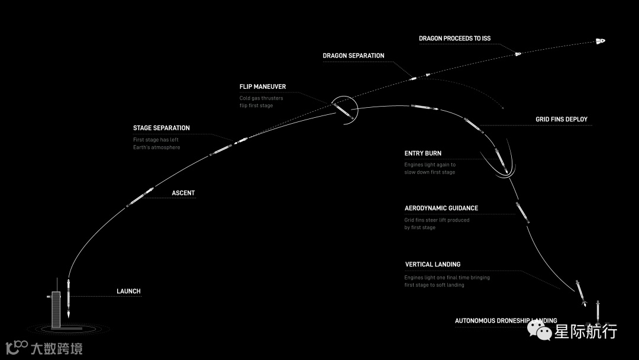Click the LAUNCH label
pyautogui.click(x=128, y=291)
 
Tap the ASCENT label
pyautogui.click(x=183, y=193)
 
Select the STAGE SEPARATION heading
pyautogui.click(x=161, y=128)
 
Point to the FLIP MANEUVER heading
pyautogui.click(x=262, y=86)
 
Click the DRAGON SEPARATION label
pyautogui.click(x=353, y=56)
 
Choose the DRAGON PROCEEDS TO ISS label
pyautogui.click(x=454, y=38)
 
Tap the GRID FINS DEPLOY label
pyautogui.click(x=561, y=120)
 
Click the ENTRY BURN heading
pyautogui.click(x=422, y=153)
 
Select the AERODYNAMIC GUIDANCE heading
pyautogui.click(x=441, y=208)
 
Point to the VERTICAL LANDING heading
pyautogui.click(x=433, y=265)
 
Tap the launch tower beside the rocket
pyautogui.click(x=56, y=308)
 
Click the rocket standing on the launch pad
pyautogui.click(x=69, y=299)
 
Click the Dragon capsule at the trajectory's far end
pyautogui.click(x=600, y=41)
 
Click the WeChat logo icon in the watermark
pyautogui.click(x=541, y=332)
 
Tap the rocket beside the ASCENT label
pyautogui.click(x=140, y=197)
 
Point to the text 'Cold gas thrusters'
pyautogui.click(x=261, y=98)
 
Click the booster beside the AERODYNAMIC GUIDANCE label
pyautogui.click(x=522, y=212)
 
